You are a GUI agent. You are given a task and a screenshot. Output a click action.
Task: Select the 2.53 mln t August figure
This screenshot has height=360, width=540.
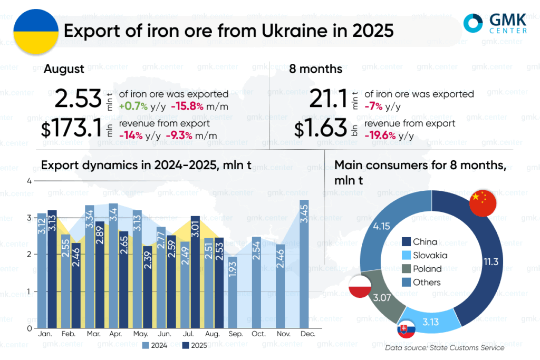78,99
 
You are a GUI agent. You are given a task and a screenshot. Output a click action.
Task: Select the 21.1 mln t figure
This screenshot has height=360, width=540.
327,99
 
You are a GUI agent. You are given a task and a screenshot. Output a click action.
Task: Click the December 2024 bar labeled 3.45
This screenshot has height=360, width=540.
304,264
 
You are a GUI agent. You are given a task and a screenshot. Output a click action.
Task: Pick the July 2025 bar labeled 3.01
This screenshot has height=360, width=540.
195,271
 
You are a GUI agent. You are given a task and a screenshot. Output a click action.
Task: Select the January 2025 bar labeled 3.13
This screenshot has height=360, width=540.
52,269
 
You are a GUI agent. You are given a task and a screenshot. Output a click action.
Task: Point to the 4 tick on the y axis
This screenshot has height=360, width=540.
30,181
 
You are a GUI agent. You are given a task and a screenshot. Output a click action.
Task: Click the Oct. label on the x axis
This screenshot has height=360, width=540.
258,335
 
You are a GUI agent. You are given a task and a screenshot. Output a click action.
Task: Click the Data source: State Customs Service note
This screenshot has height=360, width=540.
445,347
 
